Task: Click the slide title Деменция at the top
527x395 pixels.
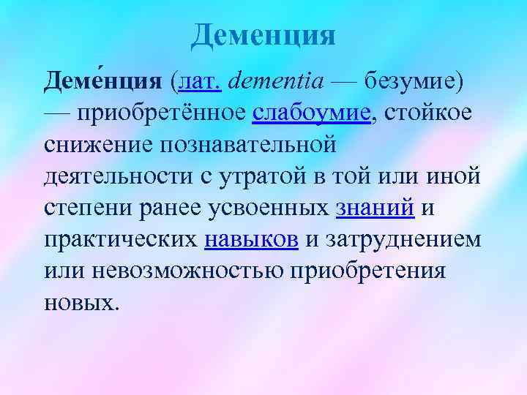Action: [263, 34]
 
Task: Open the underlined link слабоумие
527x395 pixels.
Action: [311, 114]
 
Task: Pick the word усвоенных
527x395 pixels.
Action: [270, 208]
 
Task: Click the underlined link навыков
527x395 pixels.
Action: [251, 240]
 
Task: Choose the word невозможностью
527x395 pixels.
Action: [186, 271]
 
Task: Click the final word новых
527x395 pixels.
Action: [79, 303]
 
